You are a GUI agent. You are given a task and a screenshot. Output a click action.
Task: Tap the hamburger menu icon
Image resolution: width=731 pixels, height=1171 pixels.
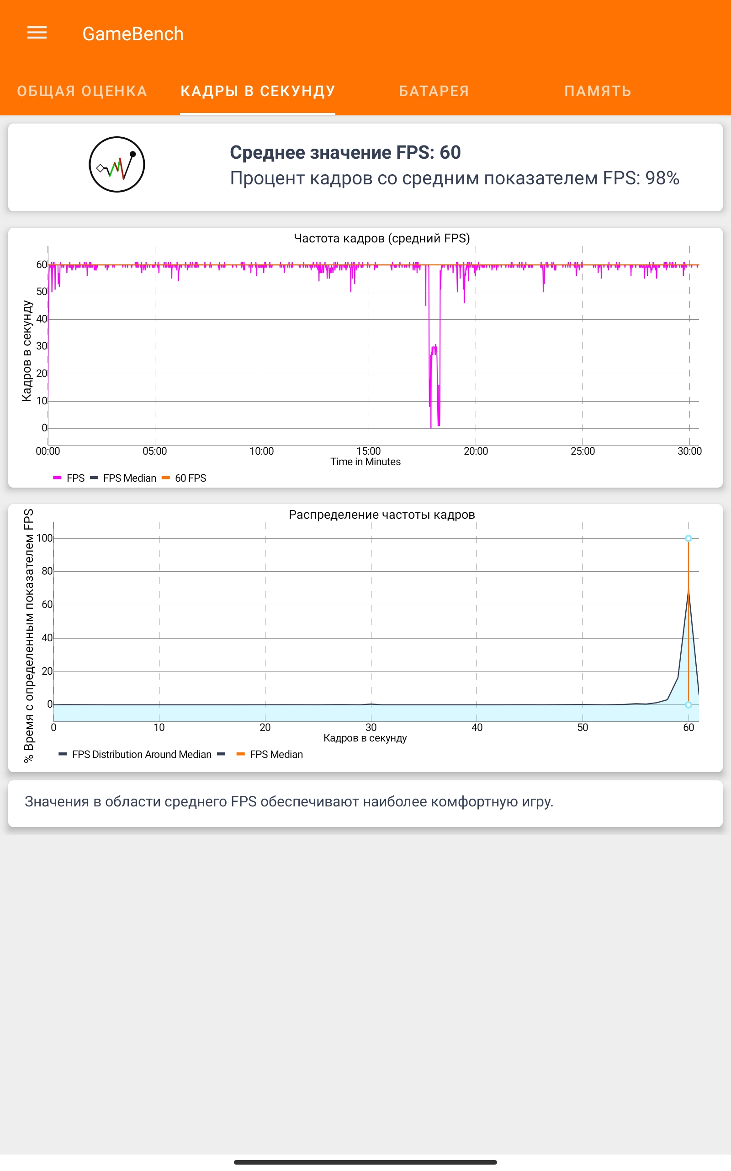37,33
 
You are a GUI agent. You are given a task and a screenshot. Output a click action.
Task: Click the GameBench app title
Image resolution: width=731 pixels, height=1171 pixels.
133,34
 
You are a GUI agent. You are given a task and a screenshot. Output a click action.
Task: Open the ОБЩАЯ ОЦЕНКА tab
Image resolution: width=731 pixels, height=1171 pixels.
82,91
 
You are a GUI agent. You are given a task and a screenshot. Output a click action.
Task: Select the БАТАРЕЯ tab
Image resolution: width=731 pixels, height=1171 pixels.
434,91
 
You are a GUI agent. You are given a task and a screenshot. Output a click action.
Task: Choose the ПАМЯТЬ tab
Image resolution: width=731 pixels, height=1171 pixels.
598,91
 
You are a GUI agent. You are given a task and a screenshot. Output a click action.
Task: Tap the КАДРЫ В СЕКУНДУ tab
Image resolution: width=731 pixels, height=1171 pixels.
258,91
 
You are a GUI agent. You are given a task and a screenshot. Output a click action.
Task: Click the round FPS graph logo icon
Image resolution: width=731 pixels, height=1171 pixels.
117,165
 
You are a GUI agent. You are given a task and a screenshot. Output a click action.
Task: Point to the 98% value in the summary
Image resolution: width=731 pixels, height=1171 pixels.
662,178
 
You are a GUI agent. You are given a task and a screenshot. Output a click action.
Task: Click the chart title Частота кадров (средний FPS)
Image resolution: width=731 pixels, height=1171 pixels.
381,238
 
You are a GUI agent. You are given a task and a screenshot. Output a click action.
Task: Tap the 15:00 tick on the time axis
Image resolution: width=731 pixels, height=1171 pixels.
368,451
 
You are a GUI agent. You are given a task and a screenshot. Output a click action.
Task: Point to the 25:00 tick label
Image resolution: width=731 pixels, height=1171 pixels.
583,451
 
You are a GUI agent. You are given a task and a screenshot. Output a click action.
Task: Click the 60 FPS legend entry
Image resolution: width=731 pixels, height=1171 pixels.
190,478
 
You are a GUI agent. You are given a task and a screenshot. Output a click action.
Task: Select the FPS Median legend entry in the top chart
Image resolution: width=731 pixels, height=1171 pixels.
129,478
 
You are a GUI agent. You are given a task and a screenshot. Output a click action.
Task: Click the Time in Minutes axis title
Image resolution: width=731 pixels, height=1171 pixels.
365,462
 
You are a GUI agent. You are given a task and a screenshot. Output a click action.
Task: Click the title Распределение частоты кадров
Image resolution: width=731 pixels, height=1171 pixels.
381,514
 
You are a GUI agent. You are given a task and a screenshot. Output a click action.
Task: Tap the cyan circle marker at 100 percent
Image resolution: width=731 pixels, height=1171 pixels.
689,538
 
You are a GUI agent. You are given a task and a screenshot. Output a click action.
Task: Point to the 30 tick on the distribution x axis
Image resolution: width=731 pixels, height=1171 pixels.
371,727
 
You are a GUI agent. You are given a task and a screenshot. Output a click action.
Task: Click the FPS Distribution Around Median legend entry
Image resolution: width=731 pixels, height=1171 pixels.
141,754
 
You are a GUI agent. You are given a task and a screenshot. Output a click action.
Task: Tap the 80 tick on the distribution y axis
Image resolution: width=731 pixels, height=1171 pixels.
47,571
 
